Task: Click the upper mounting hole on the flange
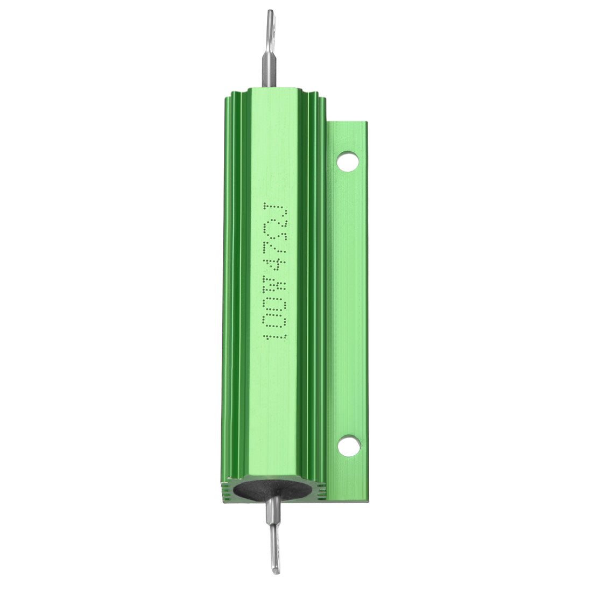click(348, 160)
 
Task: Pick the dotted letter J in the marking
click(274, 209)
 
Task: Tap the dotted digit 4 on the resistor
click(274, 264)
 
